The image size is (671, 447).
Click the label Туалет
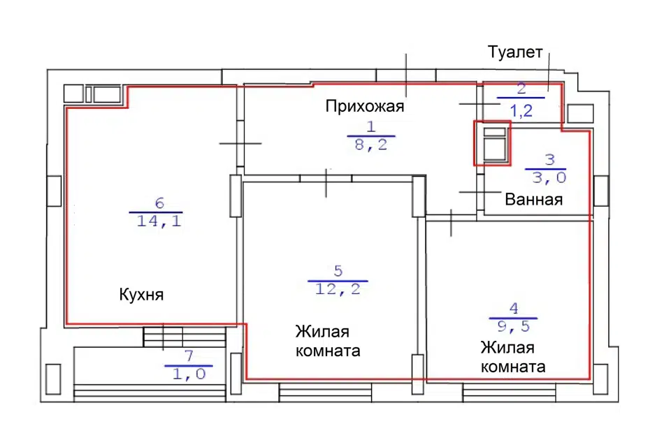(515, 53)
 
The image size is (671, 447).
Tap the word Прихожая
(366, 106)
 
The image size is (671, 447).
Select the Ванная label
(534, 200)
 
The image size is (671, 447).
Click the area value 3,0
(545, 177)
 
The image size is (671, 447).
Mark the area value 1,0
(189, 374)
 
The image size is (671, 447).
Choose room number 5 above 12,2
(338, 272)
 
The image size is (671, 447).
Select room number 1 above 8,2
(371, 127)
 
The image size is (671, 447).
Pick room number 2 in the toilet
(520, 89)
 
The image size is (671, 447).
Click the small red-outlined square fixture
(493, 143)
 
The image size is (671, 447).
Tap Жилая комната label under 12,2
(328, 341)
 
